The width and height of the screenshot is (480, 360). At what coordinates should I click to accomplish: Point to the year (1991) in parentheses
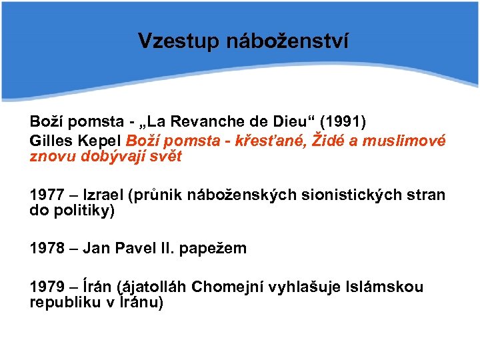(343, 122)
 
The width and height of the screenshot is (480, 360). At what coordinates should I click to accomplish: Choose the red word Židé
(317, 141)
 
